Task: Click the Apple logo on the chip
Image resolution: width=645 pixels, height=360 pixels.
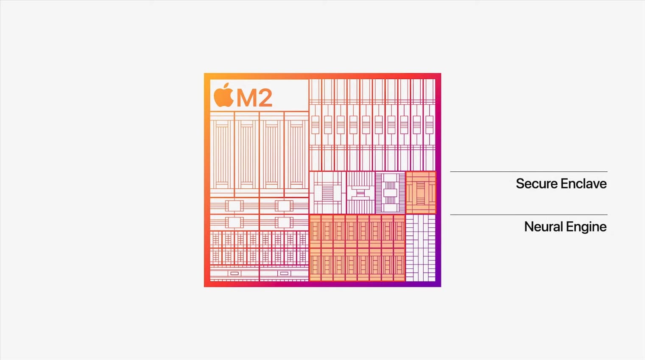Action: click(x=223, y=95)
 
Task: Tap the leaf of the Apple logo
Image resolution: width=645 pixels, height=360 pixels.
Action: click(x=226, y=86)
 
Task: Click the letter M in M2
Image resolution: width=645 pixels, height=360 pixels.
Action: click(x=247, y=98)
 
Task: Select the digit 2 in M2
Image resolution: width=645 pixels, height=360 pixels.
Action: click(x=266, y=98)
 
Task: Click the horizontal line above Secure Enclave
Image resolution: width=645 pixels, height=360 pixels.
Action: click(x=529, y=172)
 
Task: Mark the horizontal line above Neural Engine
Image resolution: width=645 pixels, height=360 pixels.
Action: click(x=529, y=215)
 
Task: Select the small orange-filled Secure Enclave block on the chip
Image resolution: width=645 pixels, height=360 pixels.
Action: click(x=421, y=193)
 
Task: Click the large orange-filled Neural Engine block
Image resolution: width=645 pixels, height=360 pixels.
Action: click(x=357, y=248)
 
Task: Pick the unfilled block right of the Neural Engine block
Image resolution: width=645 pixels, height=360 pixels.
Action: click(x=420, y=248)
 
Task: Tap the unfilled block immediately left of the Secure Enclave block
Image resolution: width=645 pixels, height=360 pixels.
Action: click(x=391, y=193)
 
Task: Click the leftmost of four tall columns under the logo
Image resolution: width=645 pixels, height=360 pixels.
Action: click(x=222, y=154)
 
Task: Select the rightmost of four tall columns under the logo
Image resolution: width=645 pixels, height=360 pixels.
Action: click(x=296, y=154)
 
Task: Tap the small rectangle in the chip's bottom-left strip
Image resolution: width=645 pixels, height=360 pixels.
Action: click(x=235, y=273)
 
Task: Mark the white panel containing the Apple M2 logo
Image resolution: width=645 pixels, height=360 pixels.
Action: click(x=259, y=95)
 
